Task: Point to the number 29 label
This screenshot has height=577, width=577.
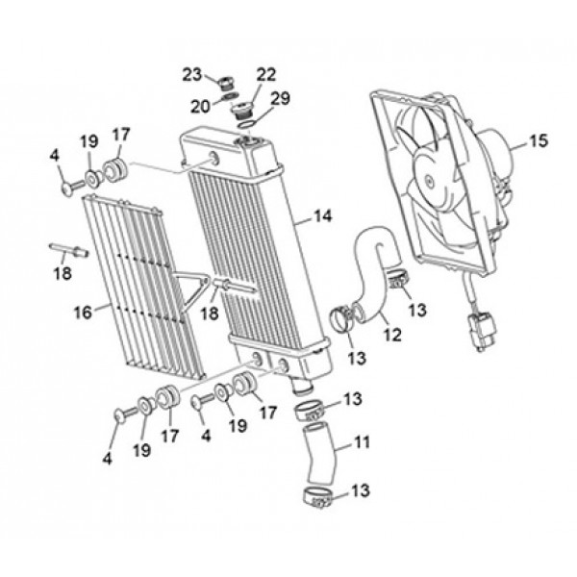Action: coord(280,99)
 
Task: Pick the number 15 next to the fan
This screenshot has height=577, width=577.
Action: coord(538,140)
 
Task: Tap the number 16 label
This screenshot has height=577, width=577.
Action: coord(84,311)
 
